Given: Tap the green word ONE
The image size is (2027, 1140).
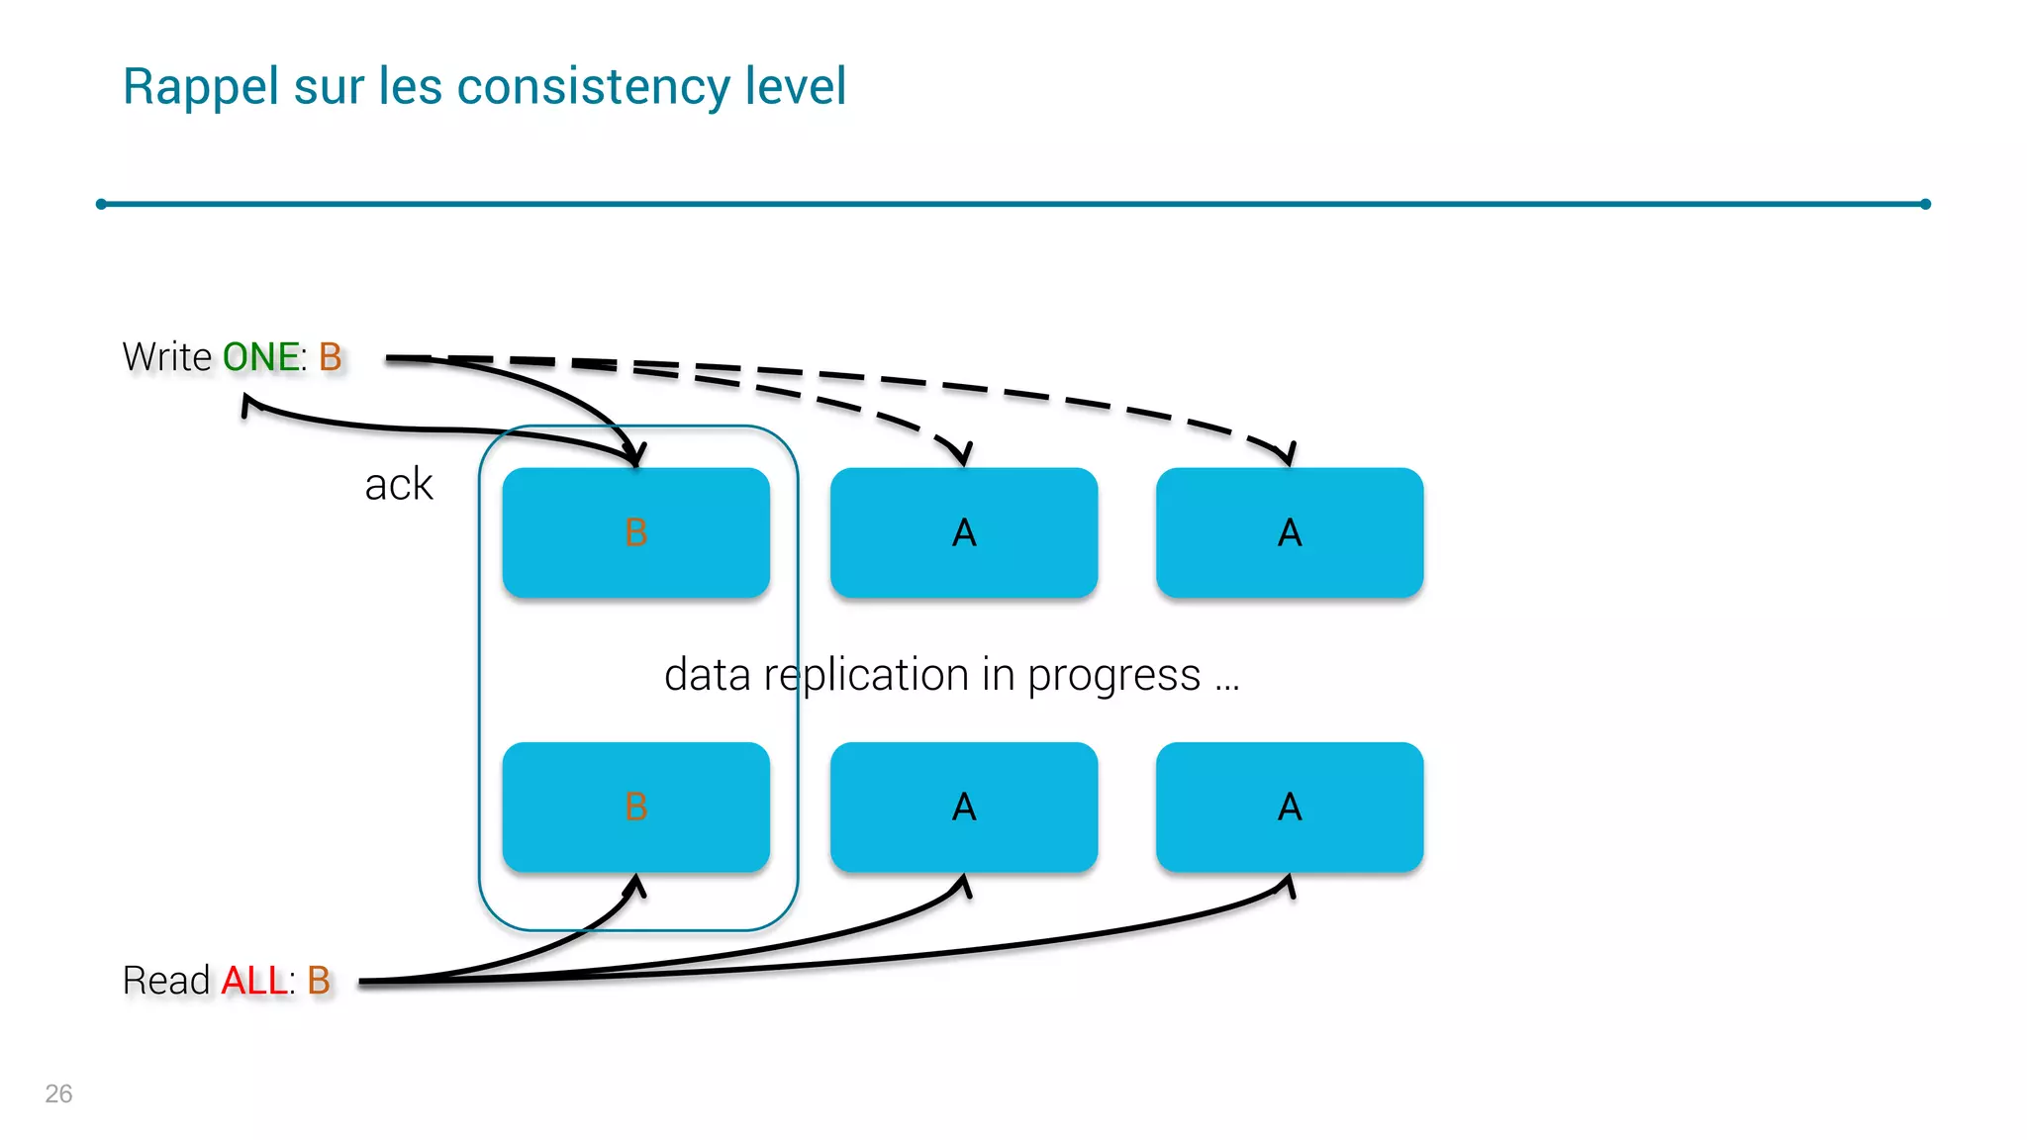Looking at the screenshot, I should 261,357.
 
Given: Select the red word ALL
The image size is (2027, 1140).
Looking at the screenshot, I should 253,981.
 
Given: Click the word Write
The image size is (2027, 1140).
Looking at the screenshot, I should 166,357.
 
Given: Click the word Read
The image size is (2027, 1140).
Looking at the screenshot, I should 166,981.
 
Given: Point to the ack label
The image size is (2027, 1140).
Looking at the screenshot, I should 398,485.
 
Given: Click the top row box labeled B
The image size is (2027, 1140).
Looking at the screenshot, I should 635,532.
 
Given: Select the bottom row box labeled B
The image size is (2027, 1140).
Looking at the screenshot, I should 635,807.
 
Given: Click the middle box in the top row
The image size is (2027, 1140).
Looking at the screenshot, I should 963,532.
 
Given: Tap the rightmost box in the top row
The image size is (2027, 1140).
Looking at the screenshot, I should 1289,532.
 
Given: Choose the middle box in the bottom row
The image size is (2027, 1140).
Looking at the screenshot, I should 963,807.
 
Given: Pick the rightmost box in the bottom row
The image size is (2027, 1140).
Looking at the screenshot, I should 1289,807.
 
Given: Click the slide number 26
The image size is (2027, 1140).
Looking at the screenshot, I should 58,1093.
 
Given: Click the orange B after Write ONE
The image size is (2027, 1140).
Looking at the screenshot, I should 330,357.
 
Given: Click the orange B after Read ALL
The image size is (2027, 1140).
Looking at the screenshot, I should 318,981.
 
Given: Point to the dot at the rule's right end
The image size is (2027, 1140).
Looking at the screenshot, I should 1925,204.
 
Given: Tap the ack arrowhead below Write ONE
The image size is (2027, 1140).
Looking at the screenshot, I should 247,403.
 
